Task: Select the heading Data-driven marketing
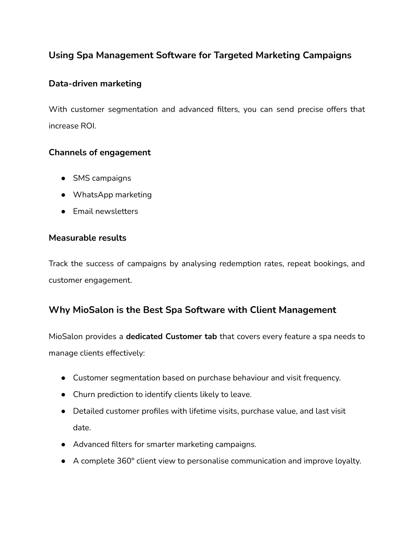(x=95, y=84)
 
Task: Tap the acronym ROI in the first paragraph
(x=89, y=126)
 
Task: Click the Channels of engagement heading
(x=99, y=153)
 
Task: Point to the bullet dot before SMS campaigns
(x=64, y=178)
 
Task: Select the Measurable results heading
(x=87, y=238)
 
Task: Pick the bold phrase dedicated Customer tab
(x=171, y=337)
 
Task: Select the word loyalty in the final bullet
(x=348, y=461)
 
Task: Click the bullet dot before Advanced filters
(x=64, y=445)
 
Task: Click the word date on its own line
(x=82, y=428)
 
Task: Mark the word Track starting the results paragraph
(x=58, y=264)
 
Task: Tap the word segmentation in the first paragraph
(x=133, y=110)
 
